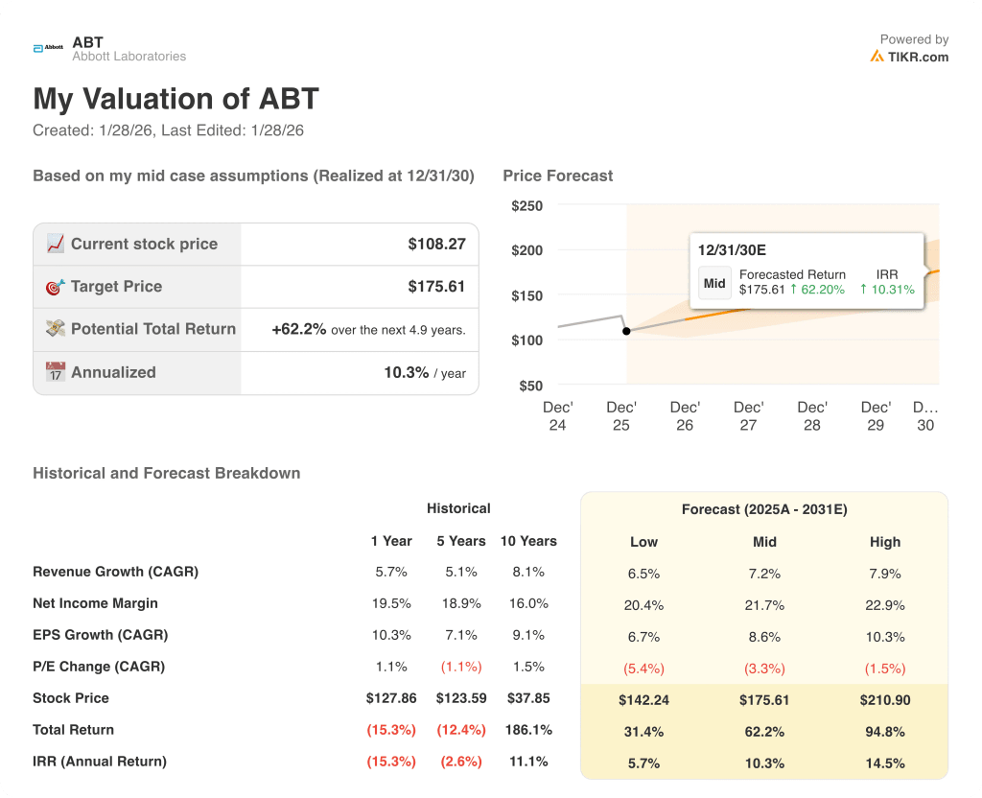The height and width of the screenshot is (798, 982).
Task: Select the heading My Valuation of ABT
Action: click(x=175, y=99)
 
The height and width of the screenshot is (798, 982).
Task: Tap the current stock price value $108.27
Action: click(x=436, y=244)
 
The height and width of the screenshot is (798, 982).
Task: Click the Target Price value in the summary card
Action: click(x=436, y=286)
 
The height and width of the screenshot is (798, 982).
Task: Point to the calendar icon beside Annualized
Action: click(x=56, y=372)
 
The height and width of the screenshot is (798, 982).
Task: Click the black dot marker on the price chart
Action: click(x=626, y=331)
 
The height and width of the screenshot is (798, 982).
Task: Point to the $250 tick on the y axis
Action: click(x=526, y=205)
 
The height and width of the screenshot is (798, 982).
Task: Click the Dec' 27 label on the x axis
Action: click(x=748, y=416)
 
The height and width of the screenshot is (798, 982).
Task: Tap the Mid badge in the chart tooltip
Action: click(x=714, y=283)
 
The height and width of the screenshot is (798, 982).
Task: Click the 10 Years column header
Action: click(x=528, y=541)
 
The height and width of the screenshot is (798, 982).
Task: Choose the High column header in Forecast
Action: click(x=885, y=542)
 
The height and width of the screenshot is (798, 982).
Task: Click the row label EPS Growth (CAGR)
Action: click(x=100, y=635)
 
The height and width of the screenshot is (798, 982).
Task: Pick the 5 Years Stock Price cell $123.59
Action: click(x=461, y=698)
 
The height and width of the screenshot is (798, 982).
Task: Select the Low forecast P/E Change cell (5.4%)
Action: click(x=643, y=668)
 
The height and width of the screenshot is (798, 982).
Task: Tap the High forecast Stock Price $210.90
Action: click(x=885, y=699)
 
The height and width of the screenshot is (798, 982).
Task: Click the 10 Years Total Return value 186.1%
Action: click(x=528, y=730)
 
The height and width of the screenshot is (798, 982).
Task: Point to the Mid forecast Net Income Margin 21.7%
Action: click(x=764, y=604)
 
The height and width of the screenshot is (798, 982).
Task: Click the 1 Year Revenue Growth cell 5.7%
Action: click(x=391, y=572)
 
